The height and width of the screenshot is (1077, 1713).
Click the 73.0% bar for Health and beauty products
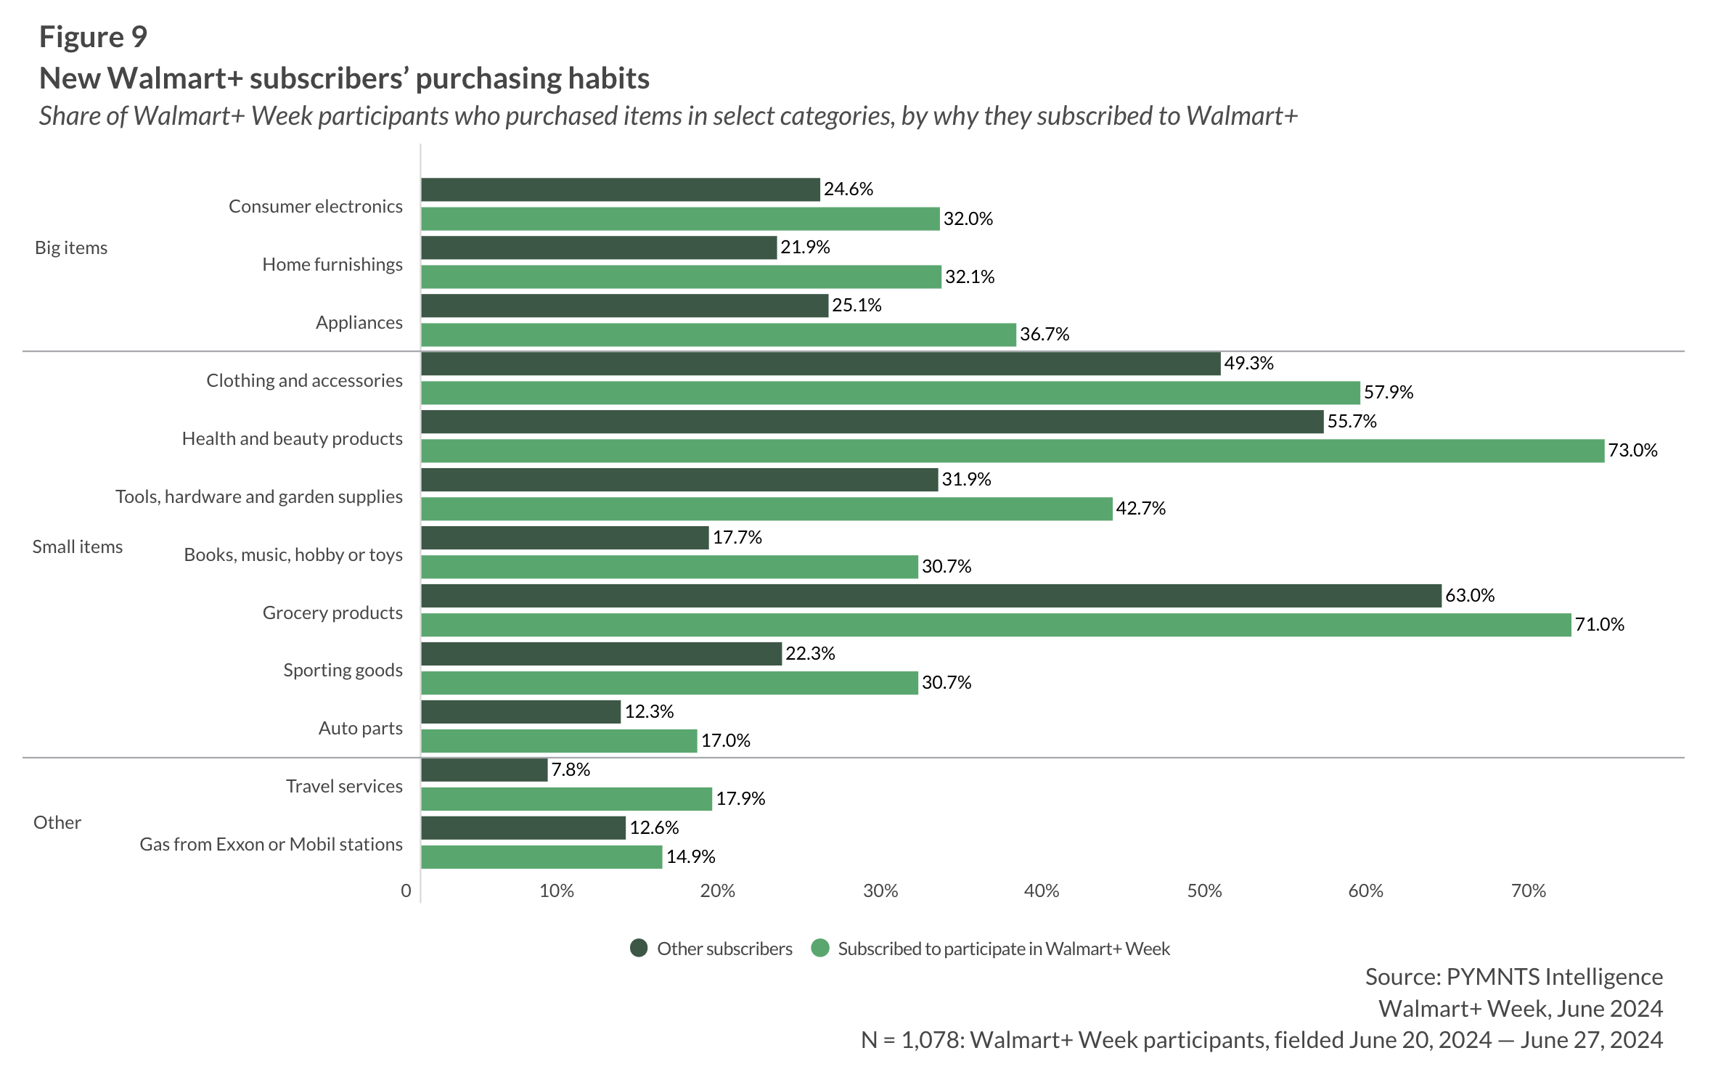click(1012, 451)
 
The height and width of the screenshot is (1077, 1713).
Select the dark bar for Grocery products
click(931, 596)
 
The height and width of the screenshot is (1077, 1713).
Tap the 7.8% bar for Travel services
click(484, 770)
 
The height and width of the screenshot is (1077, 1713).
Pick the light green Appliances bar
click(718, 335)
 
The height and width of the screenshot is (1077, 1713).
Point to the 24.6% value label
click(849, 189)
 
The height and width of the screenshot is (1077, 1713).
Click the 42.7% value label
click(1140, 509)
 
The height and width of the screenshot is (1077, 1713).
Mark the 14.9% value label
click(690, 857)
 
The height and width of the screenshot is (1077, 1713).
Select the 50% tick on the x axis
click(1204, 891)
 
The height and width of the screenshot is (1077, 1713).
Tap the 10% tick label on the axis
click(556, 891)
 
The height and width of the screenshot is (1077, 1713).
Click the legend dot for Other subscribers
click(639, 949)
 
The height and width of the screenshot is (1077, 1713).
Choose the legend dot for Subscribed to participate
click(820, 949)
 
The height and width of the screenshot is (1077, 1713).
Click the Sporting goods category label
click(343, 670)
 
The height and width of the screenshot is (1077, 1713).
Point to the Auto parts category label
click(360, 728)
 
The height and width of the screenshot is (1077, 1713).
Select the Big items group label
click(71, 248)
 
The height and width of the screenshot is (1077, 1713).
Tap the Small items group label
click(78, 546)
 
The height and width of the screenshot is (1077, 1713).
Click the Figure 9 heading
click(93, 37)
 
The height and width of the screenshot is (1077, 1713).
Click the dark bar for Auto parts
click(520, 712)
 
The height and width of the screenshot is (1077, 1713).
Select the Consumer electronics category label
click(315, 207)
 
